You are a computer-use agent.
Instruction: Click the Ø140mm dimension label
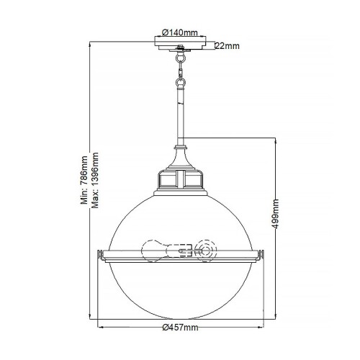(179, 32)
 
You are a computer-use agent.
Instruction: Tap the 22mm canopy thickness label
(227, 46)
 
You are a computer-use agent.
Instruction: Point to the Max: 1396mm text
(95, 179)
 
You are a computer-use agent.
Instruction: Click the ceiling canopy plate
(179, 46)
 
